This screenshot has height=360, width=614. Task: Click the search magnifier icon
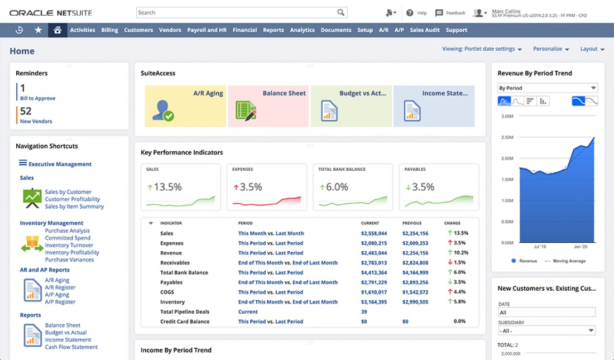[x=340, y=12]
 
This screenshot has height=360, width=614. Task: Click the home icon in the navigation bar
[x=57, y=30]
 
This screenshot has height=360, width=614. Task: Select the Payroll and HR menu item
[x=207, y=30]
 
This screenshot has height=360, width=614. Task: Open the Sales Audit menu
[x=425, y=30]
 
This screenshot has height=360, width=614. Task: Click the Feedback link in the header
[x=450, y=13]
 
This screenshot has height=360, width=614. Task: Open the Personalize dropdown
[x=550, y=49]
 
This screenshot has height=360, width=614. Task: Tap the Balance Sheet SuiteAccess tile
[x=268, y=106]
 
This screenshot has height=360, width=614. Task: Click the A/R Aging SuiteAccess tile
[x=185, y=106]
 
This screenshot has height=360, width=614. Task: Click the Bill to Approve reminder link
[x=37, y=98]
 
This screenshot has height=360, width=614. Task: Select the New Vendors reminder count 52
[x=26, y=112]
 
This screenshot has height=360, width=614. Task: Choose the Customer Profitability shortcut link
[x=73, y=199]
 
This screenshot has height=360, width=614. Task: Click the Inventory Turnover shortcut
[x=69, y=246]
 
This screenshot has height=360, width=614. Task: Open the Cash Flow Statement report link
[x=71, y=347]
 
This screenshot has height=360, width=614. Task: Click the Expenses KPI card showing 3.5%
[x=266, y=187]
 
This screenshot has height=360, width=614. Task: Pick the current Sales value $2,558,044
[x=373, y=233]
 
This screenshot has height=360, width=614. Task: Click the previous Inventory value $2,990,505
[x=415, y=302]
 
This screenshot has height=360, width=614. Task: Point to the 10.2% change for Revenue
[x=460, y=253]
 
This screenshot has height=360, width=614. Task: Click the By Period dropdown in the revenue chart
[x=547, y=88]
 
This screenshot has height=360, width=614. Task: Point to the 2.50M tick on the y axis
[x=507, y=137]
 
